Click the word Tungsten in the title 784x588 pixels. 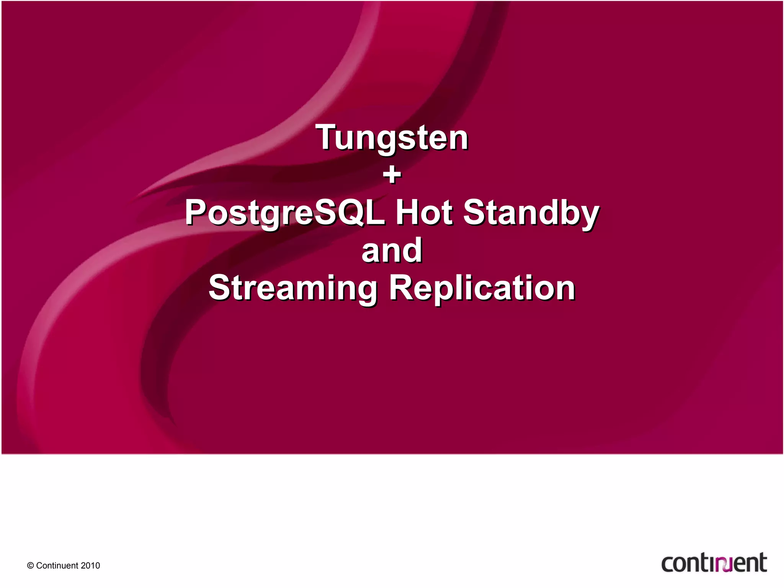pyautogui.click(x=392, y=138)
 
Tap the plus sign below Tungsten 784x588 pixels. pyautogui.click(x=392, y=175)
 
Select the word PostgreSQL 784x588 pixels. pyautogui.click(x=285, y=213)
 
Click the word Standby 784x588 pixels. pyautogui.click(x=531, y=213)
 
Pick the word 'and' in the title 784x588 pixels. pyautogui.click(x=392, y=250)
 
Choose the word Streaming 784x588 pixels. pyautogui.click(x=293, y=289)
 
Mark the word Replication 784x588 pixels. pyautogui.click(x=482, y=288)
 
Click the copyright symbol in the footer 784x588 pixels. pyautogui.click(x=30, y=566)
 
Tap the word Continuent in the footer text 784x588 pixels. pyautogui.click(x=57, y=566)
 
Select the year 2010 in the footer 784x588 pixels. pyautogui.click(x=90, y=566)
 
